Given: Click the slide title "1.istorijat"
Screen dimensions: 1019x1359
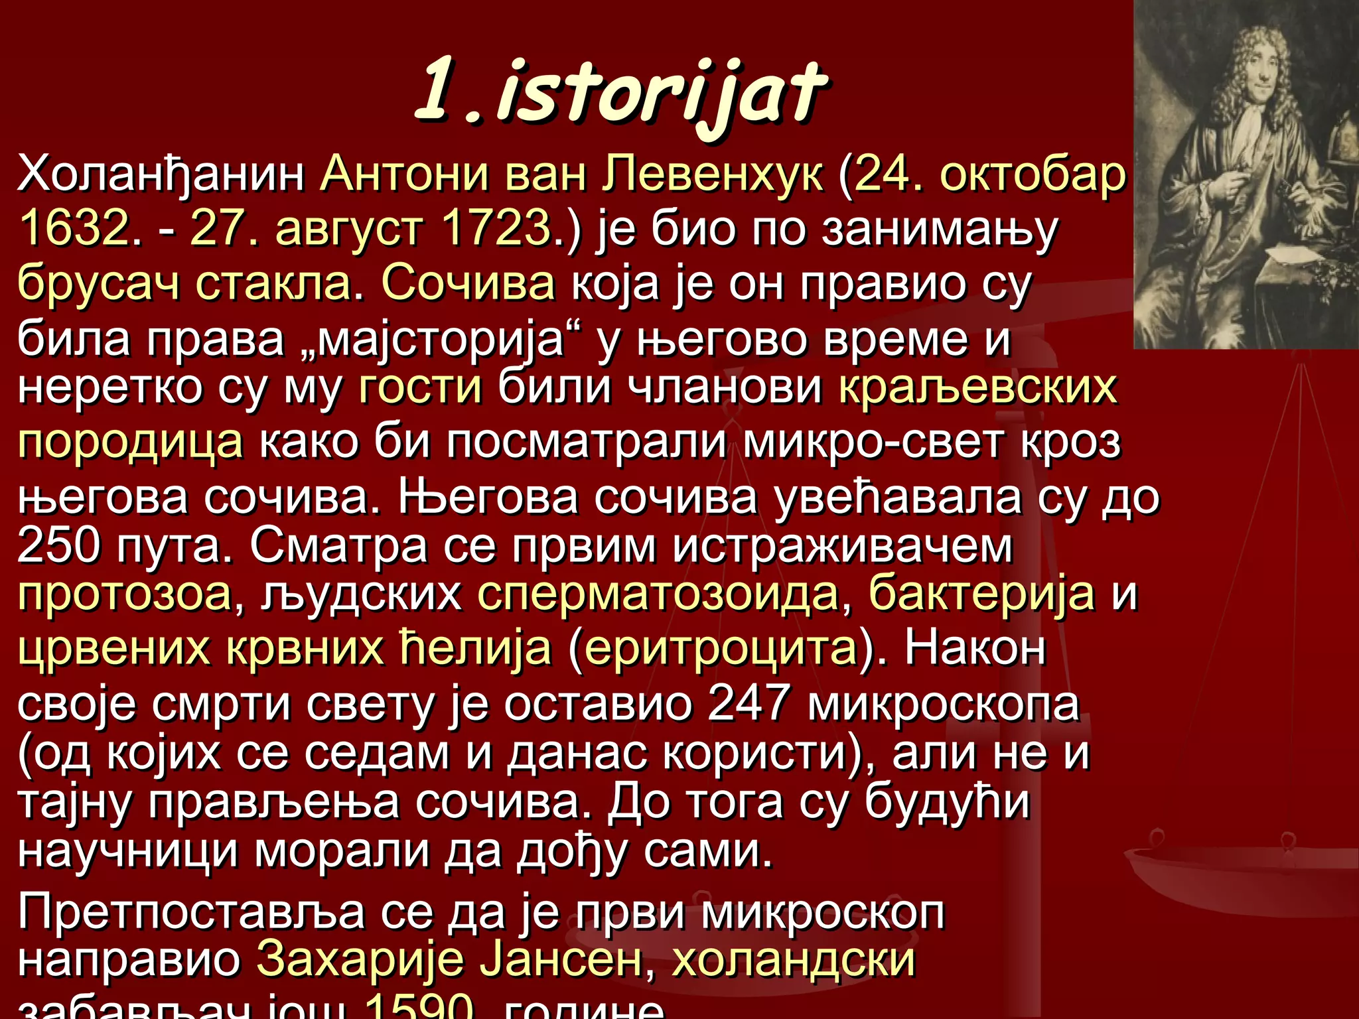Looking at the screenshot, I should (x=620, y=93).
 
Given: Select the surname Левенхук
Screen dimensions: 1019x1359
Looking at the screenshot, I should (x=713, y=174).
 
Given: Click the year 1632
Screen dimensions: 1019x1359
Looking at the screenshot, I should (x=73, y=228).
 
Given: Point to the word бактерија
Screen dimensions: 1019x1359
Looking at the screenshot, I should (x=981, y=594).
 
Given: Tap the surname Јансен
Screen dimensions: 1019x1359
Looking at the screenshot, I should (x=561, y=960).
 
